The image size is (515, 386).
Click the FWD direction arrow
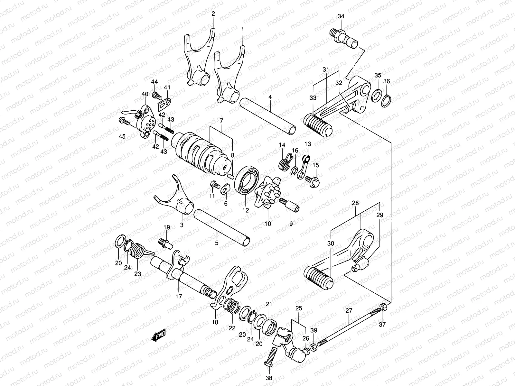coord(158,336)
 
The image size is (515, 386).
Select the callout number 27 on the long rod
coord(349,311)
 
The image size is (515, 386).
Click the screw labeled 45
coord(124,121)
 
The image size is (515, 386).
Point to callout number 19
coord(166,227)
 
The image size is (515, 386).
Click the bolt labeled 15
coord(312,178)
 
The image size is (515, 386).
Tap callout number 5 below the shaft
coord(217,243)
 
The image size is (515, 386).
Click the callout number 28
coord(355,203)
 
